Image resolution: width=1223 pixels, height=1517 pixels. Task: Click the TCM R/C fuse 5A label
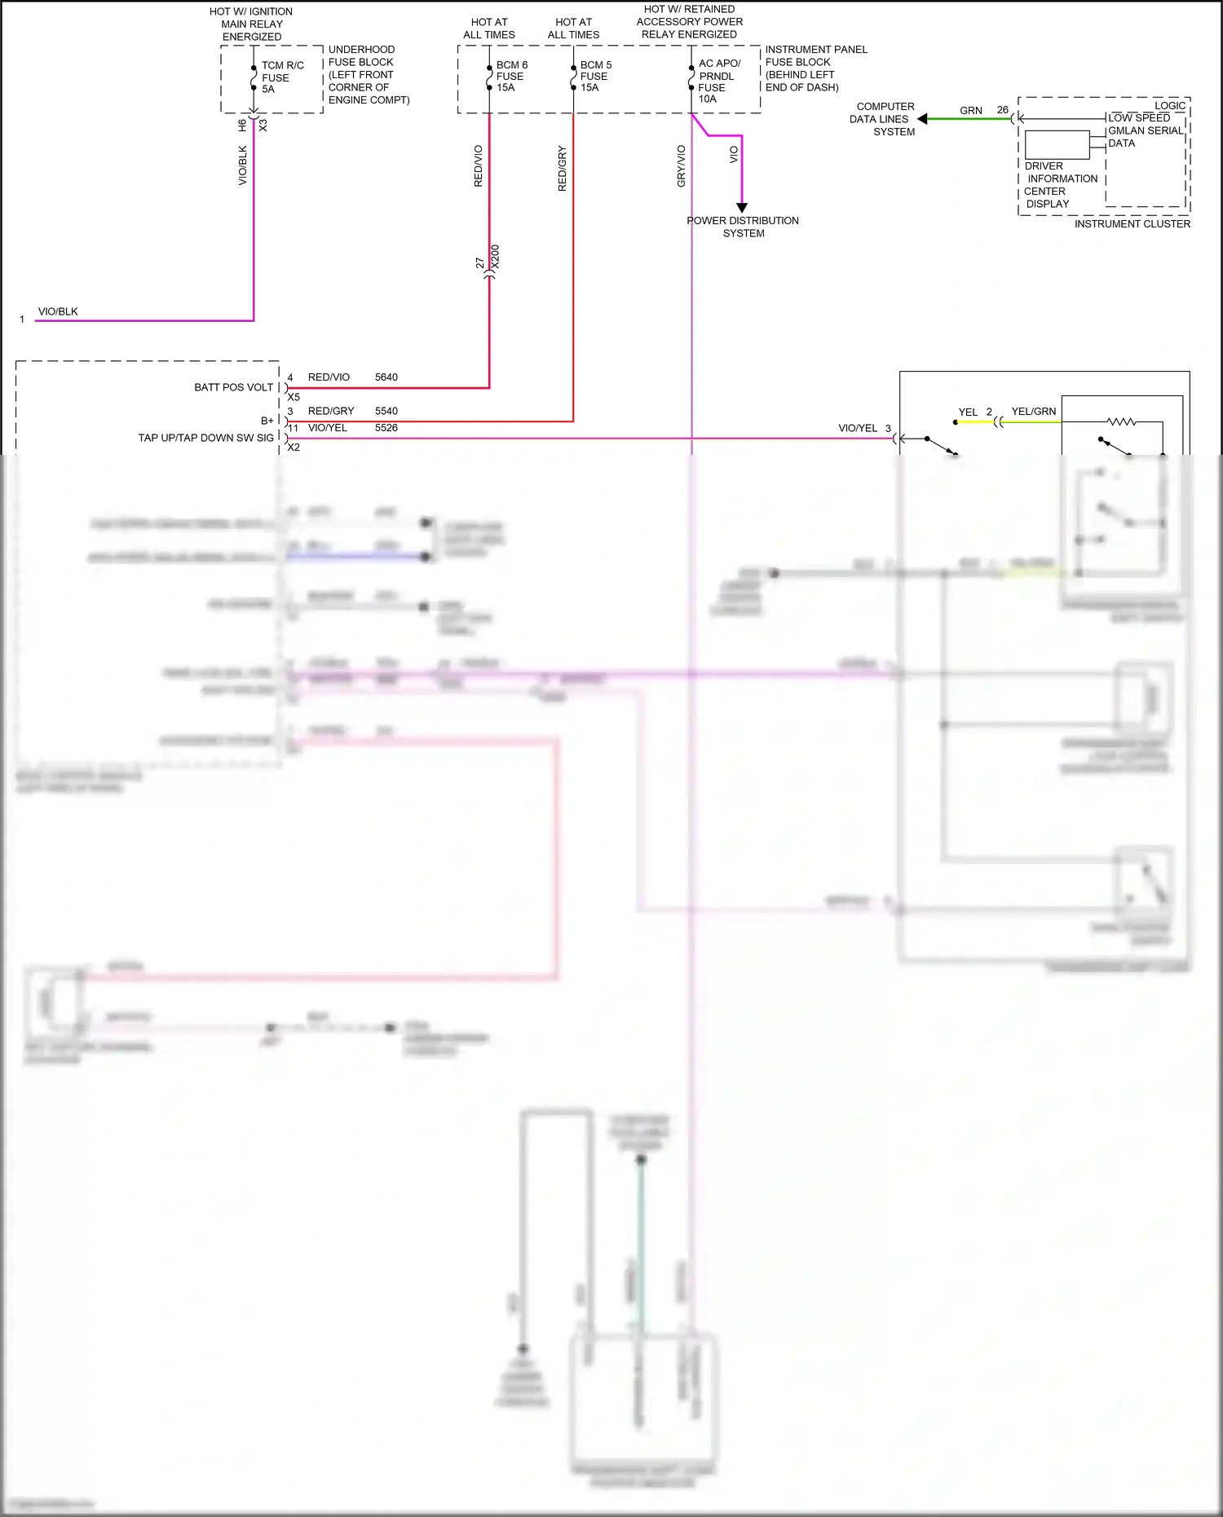281,77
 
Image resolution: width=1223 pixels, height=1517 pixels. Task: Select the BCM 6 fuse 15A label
511,76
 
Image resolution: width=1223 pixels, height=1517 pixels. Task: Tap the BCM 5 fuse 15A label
595,76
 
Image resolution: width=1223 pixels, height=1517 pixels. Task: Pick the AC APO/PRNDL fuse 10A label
718,82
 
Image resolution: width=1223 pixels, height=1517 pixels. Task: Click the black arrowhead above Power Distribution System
742,208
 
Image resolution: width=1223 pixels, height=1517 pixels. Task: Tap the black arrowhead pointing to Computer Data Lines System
922,119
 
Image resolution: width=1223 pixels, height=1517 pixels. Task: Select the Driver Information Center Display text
1060,185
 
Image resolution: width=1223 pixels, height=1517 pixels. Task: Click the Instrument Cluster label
1132,224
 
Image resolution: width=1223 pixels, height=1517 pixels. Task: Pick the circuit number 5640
386,377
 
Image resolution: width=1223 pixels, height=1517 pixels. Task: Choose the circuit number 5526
386,428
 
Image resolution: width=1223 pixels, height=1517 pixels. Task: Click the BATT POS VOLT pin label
233,387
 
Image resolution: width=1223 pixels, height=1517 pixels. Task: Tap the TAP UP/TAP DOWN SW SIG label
205,438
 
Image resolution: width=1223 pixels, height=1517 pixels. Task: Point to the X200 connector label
496,258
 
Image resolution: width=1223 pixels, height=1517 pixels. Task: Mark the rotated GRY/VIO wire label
682,166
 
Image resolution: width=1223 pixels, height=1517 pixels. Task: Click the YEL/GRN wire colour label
1033,412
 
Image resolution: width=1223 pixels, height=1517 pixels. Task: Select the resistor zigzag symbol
1121,421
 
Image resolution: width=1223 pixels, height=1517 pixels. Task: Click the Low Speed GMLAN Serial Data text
1145,130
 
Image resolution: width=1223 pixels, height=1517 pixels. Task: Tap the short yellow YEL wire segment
974,422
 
